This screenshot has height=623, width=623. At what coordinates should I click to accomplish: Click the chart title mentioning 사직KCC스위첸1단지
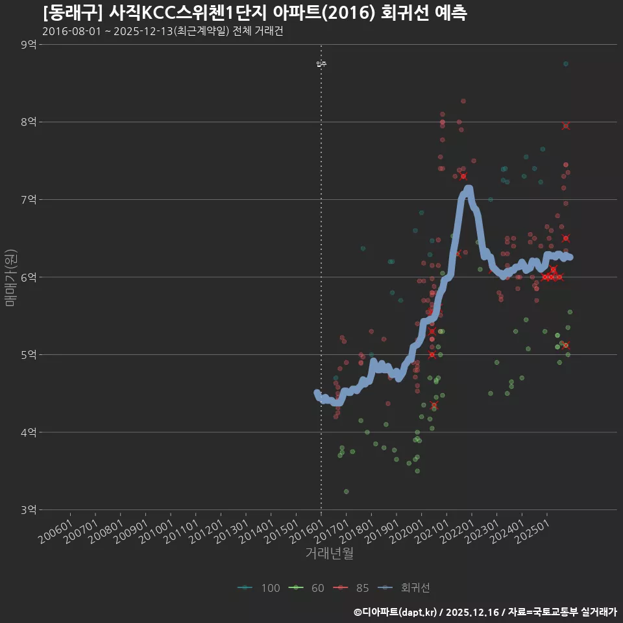254,12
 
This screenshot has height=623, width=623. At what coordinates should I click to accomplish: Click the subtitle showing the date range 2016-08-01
162,31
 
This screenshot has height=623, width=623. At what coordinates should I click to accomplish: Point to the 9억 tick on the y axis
28,44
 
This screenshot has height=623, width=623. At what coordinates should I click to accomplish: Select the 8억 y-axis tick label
28,121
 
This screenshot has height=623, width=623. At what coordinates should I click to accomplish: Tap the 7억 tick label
28,199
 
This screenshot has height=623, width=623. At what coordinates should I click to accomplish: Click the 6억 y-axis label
28,276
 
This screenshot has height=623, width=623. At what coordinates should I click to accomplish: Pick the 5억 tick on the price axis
28,354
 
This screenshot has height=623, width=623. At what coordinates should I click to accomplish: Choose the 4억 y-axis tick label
28,432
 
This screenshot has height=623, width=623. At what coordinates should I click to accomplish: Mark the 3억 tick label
28,509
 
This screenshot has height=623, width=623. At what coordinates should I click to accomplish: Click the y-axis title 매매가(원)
10,277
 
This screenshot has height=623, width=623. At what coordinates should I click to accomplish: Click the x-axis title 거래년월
329,554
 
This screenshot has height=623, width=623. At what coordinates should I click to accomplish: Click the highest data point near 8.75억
566,64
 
